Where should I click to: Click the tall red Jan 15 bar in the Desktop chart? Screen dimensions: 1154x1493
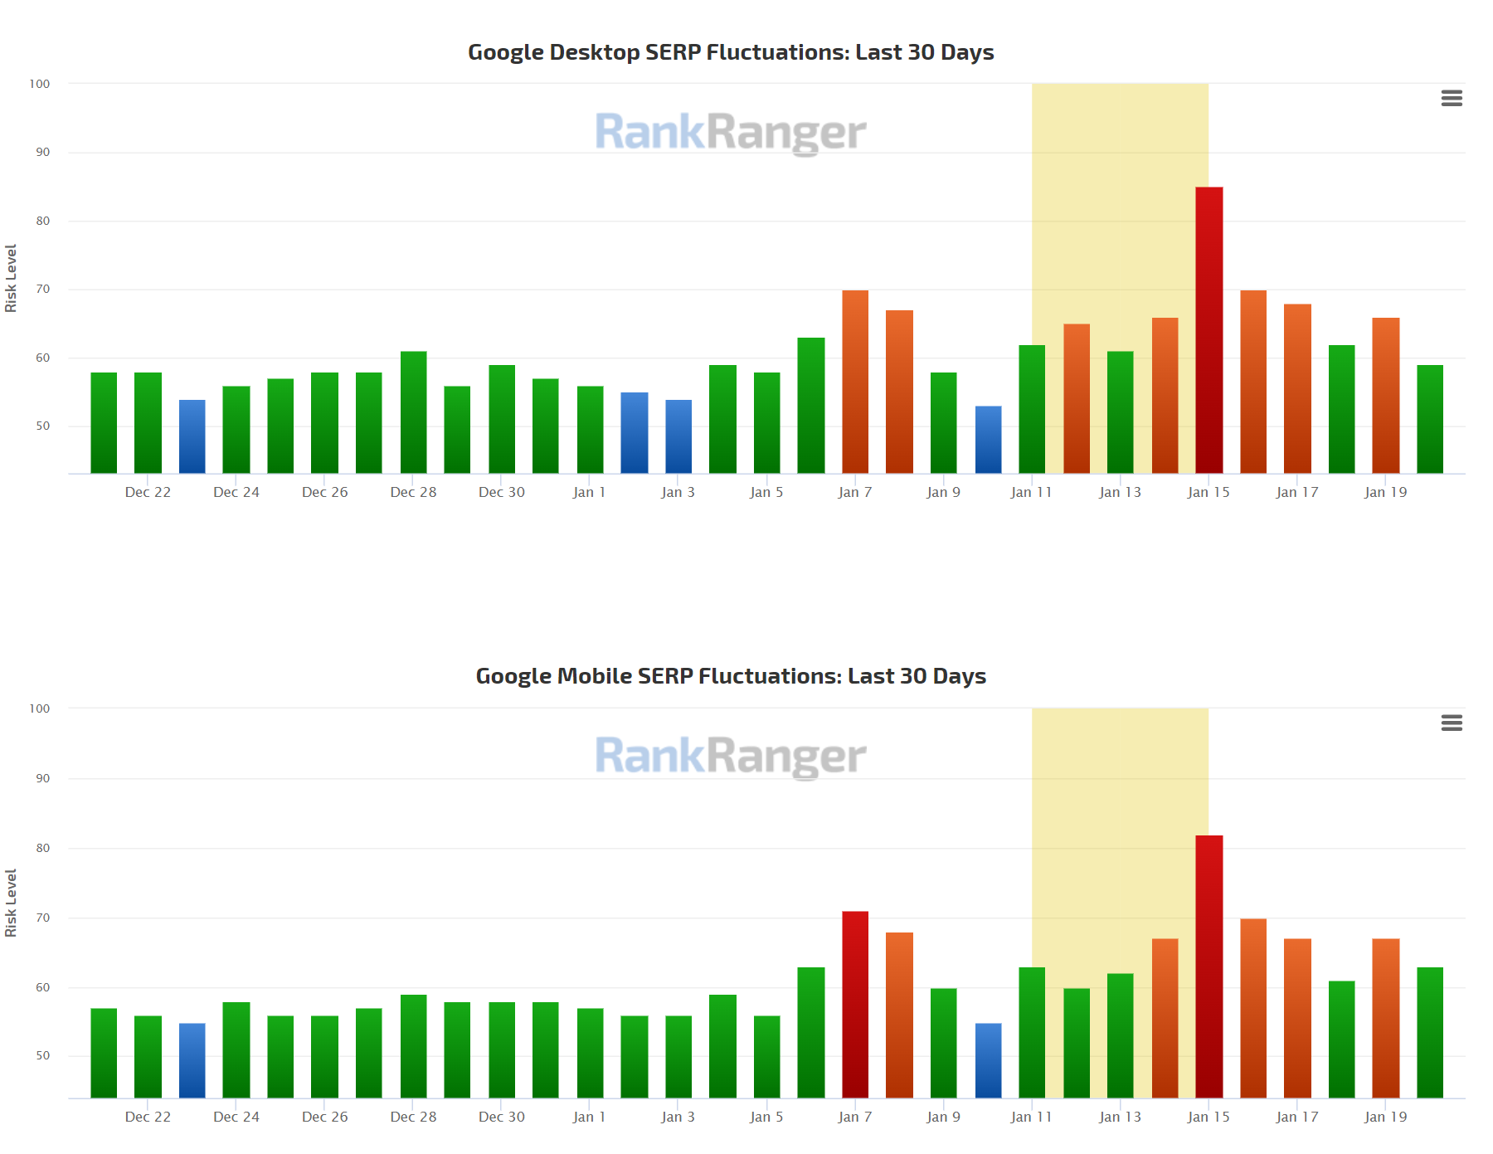(1209, 332)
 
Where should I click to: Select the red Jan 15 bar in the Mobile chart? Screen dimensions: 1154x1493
(1209, 967)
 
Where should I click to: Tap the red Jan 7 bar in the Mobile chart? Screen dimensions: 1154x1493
(855, 1004)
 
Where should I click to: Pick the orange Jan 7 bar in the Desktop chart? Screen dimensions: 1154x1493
(855, 382)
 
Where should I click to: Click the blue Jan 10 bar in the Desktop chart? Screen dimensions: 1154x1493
(988, 440)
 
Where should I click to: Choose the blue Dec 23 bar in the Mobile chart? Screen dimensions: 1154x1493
(192, 1060)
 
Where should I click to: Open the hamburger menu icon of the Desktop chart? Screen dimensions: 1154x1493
(1452, 98)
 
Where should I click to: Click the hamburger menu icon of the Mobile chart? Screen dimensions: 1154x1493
(1452, 723)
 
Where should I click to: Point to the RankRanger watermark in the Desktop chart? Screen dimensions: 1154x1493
(731, 133)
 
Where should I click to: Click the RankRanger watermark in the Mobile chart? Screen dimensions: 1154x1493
(731, 757)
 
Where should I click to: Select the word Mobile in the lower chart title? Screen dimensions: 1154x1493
(594, 676)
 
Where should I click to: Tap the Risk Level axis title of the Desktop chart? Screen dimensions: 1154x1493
(11, 278)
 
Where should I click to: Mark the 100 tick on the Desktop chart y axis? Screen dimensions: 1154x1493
(40, 84)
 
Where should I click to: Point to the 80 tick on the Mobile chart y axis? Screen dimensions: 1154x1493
(42, 848)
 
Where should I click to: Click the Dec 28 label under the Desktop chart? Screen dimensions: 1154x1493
(413, 492)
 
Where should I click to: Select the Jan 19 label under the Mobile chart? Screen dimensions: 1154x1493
(1385, 1117)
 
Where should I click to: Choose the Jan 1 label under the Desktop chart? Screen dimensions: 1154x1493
(589, 492)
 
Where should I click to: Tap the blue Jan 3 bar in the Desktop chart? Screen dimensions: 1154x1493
(678, 436)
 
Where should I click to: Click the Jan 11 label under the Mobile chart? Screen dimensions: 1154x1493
(1031, 1117)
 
